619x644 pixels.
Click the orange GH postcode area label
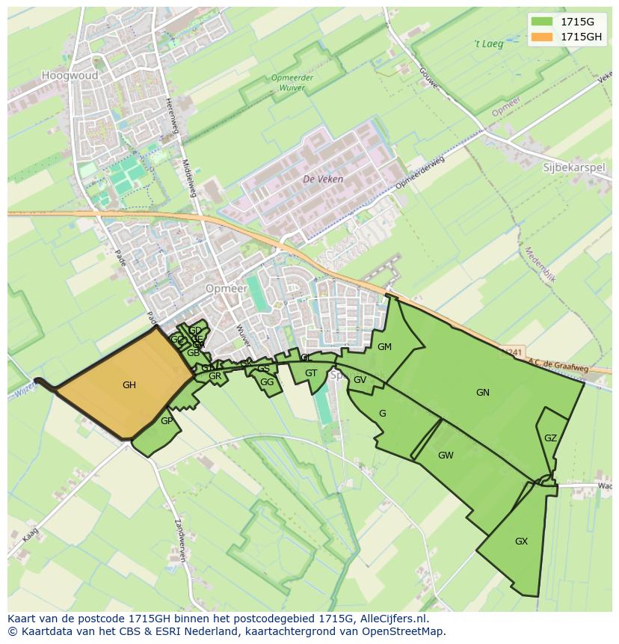[x=129, y=385]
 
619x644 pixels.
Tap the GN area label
[x=483, y=392]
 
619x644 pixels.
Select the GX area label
[x=522, y=541]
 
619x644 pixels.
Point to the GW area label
[x=446, y=455]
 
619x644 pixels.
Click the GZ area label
[x=550, y=438]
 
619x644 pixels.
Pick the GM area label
[x=384, y=346]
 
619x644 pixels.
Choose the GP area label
[x=166, y=420]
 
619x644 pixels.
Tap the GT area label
[x=311, y=373]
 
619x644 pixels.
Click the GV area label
[x=360, y=379]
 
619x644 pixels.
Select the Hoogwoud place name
[x=65, y=76]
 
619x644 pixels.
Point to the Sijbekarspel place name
[x=573, y=168]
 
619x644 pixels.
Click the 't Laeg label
[x=490, y=43]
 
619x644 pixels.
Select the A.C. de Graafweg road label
[x=557, y=367]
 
